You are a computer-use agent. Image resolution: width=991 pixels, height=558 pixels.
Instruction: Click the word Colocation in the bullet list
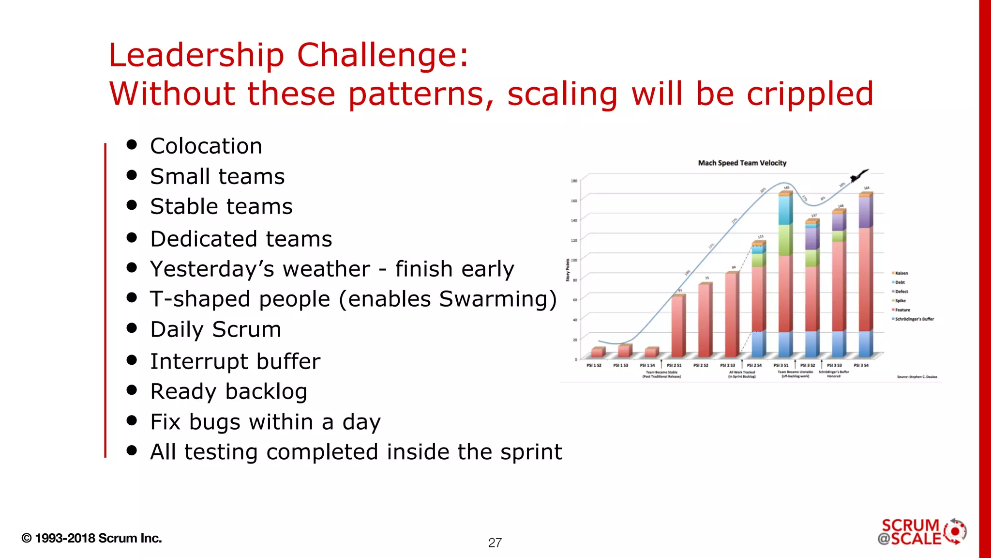[x=206, y=146]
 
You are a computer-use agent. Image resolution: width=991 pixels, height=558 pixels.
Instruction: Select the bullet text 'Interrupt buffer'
[x=235, y=361]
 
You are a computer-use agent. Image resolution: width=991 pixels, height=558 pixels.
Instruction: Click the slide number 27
[x=495, y=542]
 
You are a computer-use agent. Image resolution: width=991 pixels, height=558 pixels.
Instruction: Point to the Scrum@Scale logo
[x=921, y=532]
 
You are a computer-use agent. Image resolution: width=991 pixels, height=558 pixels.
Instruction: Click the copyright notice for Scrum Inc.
[x=91, y=538]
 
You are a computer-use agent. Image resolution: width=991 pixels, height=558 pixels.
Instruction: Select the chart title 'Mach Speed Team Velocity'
[x=742, y=163]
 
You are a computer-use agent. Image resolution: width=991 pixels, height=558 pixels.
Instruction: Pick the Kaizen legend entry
[x=901, y=273]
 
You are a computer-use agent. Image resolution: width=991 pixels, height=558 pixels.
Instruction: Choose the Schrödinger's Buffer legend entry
[x=914, y=319]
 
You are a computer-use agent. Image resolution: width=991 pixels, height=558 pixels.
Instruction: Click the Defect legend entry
[x=901, y=292]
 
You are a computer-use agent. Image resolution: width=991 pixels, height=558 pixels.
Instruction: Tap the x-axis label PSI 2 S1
[x=674, y=366]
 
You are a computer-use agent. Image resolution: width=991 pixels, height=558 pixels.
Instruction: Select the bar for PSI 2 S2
[x=705, y=320]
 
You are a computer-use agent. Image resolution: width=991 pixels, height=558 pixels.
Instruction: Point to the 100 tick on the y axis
[x=574, y=260]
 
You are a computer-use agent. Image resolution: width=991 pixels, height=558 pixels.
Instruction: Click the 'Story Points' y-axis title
[x=568, y=270]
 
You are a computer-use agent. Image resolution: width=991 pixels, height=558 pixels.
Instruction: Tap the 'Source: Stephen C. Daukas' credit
[x=917, y=377]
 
